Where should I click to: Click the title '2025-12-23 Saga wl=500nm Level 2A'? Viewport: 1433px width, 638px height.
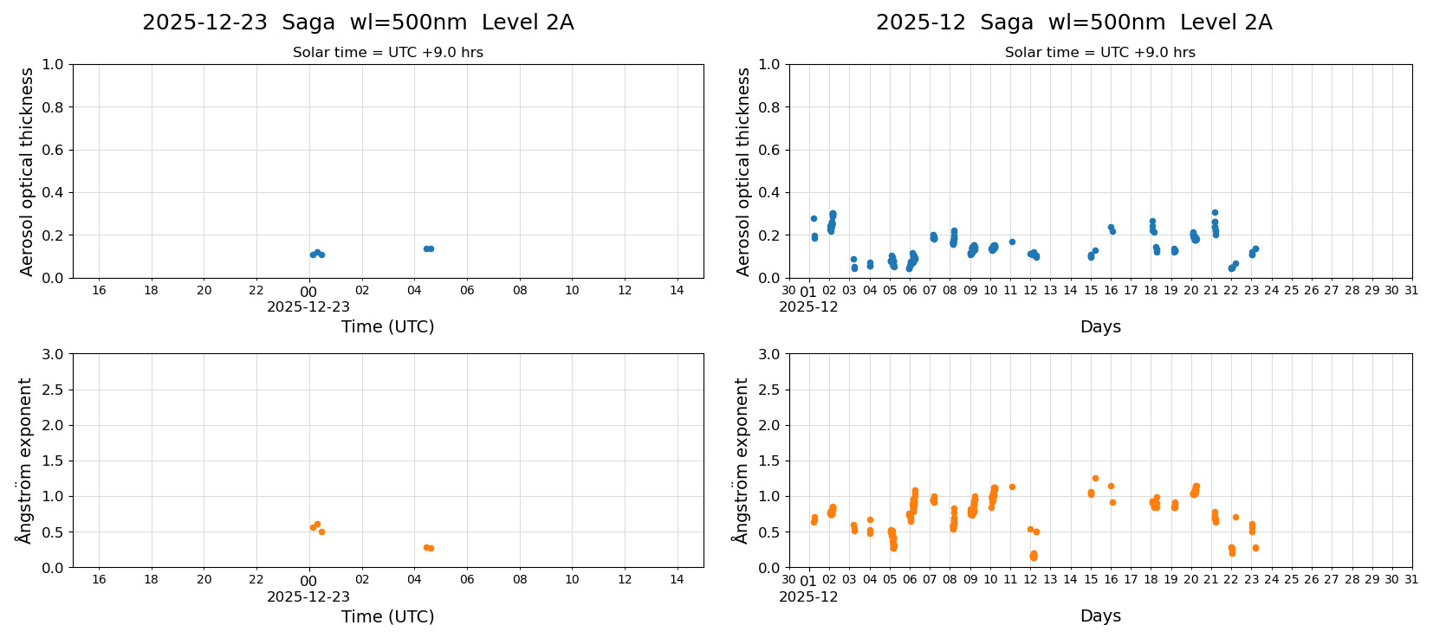(x=358, y=23)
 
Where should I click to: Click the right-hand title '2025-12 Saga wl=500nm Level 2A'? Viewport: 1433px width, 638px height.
(x=1073, y=23)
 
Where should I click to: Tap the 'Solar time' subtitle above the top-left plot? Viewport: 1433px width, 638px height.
(x=387, y=53)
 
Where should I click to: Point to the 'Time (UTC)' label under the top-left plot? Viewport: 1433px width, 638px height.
(x=387, y=326)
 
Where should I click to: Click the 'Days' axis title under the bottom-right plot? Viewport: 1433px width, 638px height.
(x=1099, y=616)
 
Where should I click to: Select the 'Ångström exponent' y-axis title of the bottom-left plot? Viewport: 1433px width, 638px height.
(x=25, y=461)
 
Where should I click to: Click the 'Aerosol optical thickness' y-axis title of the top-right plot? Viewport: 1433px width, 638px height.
(x=742, y=171)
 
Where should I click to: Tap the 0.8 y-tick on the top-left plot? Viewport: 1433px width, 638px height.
(x=53, y=107)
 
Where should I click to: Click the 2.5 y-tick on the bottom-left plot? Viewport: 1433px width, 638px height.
(x=53, y=390)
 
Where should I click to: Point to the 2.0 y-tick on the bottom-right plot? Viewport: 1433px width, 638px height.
(x=769, y=425)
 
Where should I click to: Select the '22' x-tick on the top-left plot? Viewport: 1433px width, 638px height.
(x=256, y=290)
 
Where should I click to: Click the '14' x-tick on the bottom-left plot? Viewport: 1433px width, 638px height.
(x=677, y=580)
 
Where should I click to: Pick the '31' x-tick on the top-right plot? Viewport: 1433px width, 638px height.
(x=1411, y=290)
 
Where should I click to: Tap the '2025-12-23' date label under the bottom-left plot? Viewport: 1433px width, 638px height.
(x=308, y=596)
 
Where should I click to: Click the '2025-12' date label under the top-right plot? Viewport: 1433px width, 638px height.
(x=808, y=306)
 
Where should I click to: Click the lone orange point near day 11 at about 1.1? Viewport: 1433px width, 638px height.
(x=1012, y=487)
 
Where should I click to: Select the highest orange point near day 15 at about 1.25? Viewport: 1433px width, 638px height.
(x=1095, y=478)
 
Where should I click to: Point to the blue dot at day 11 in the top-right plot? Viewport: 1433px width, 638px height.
(x=1012, y=242)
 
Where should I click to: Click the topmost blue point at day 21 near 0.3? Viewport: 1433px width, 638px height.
(x=1215, y=212)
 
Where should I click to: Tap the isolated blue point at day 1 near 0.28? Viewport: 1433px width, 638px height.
(x=814, y=218)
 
